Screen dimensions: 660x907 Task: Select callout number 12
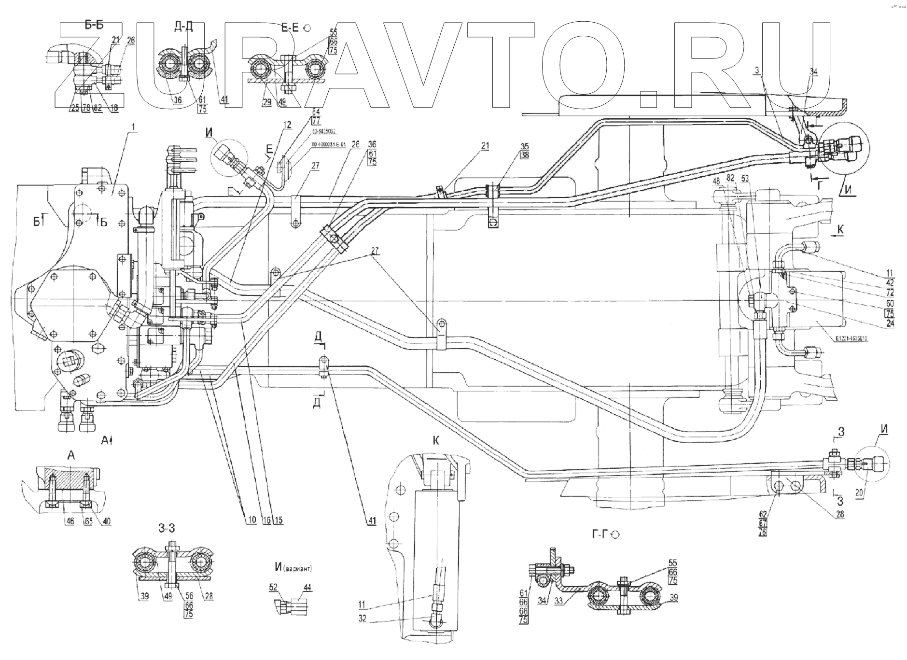coord(288,125)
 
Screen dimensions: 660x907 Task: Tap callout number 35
coord(525,146)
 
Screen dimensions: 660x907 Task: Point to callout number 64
coord(316,112)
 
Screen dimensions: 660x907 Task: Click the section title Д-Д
coord(183,27)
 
